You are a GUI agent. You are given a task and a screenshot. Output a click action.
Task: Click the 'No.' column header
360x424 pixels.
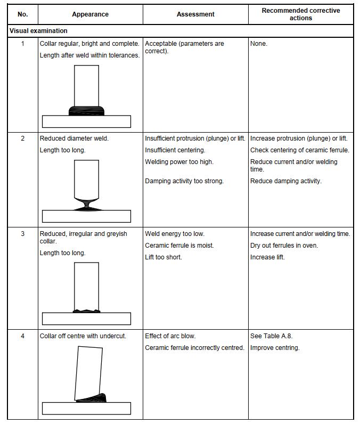point(22,14)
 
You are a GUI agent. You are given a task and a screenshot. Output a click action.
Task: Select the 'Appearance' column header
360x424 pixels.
point(90,14)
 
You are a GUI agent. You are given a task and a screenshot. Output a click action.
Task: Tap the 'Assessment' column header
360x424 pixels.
point(195,14)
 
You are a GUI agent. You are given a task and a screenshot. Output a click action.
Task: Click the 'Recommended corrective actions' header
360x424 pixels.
point(300,14)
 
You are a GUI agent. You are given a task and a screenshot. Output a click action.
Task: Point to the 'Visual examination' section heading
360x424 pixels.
point(38,31)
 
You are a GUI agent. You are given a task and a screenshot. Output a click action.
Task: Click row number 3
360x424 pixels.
point(22,234)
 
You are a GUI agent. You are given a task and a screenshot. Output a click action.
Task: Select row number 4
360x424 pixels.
point(22,336)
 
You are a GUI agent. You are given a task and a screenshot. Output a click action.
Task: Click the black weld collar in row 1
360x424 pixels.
point(86,111)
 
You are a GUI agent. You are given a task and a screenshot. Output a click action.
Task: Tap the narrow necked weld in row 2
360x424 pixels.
point(87,204)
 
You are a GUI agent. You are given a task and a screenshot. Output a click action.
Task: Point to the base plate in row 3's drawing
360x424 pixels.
point(86,319)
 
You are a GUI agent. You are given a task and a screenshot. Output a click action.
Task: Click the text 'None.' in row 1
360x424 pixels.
point(259,44)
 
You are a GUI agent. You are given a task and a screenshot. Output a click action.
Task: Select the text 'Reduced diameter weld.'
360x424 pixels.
point(74,138)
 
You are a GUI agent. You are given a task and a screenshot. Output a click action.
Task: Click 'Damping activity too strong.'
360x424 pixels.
point(184,181)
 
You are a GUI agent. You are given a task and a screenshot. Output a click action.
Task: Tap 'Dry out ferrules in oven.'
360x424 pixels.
point(284,246)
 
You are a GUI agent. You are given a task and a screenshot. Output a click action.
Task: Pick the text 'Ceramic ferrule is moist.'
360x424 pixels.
point(179,246)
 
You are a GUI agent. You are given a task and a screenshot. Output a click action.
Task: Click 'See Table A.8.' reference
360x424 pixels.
point(271,336)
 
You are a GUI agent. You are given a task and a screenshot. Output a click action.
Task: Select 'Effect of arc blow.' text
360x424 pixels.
point(170,336)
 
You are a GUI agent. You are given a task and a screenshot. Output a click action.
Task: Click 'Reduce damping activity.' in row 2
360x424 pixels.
point(286,181)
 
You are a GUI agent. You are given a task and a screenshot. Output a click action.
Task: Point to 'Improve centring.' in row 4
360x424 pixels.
point(275,348)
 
